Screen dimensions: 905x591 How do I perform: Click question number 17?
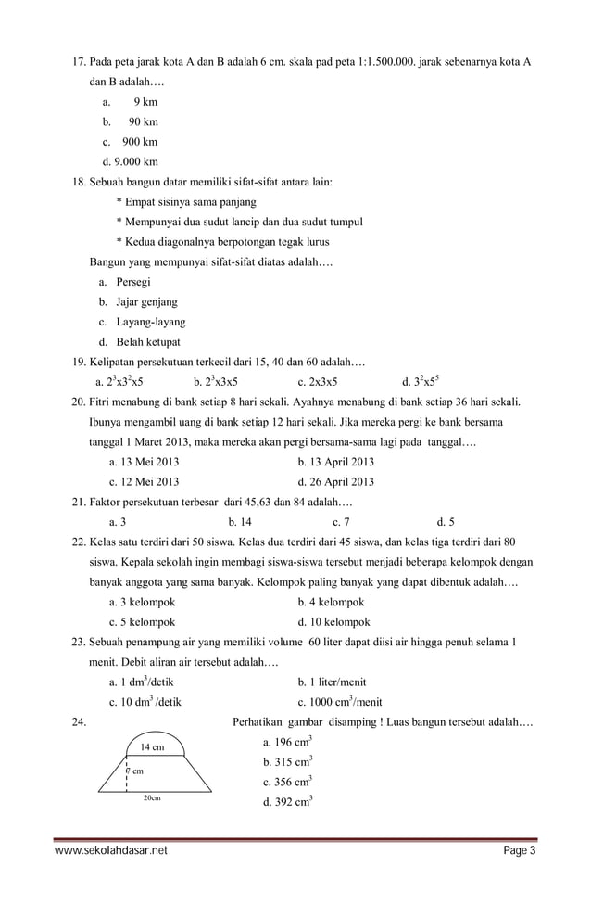[x=79, y=62]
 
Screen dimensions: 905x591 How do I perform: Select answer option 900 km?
[x=139, y=142]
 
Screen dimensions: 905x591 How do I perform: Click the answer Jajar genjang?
[x=146, y=301]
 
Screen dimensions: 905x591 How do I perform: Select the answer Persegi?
[x=133, y=282]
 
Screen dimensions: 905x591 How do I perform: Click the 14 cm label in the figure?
[x=152, y=747]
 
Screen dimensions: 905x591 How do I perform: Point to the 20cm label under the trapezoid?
[x=152, y=798]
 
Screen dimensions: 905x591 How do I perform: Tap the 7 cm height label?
[x=134, y=771]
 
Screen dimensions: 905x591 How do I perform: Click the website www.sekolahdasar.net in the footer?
[x=112, y=851]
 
